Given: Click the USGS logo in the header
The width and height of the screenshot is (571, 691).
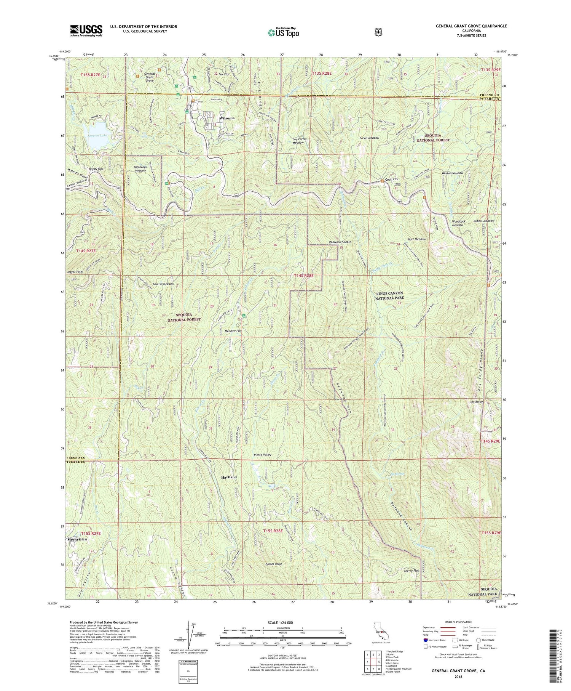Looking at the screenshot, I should coord(86,30).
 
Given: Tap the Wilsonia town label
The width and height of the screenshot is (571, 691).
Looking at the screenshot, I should coord(226,118).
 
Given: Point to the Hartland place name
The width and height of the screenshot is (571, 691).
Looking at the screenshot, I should coord(229,477).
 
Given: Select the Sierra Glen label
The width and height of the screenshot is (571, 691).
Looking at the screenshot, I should coord(77,539).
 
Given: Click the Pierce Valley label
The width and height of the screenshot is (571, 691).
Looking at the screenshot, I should coord(263,455).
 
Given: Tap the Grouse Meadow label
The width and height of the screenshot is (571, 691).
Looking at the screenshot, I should coord(163,284).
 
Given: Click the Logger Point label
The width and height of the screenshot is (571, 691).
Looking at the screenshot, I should coord(75,272).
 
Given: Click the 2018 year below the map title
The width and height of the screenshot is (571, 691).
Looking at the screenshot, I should coord(453,678).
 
